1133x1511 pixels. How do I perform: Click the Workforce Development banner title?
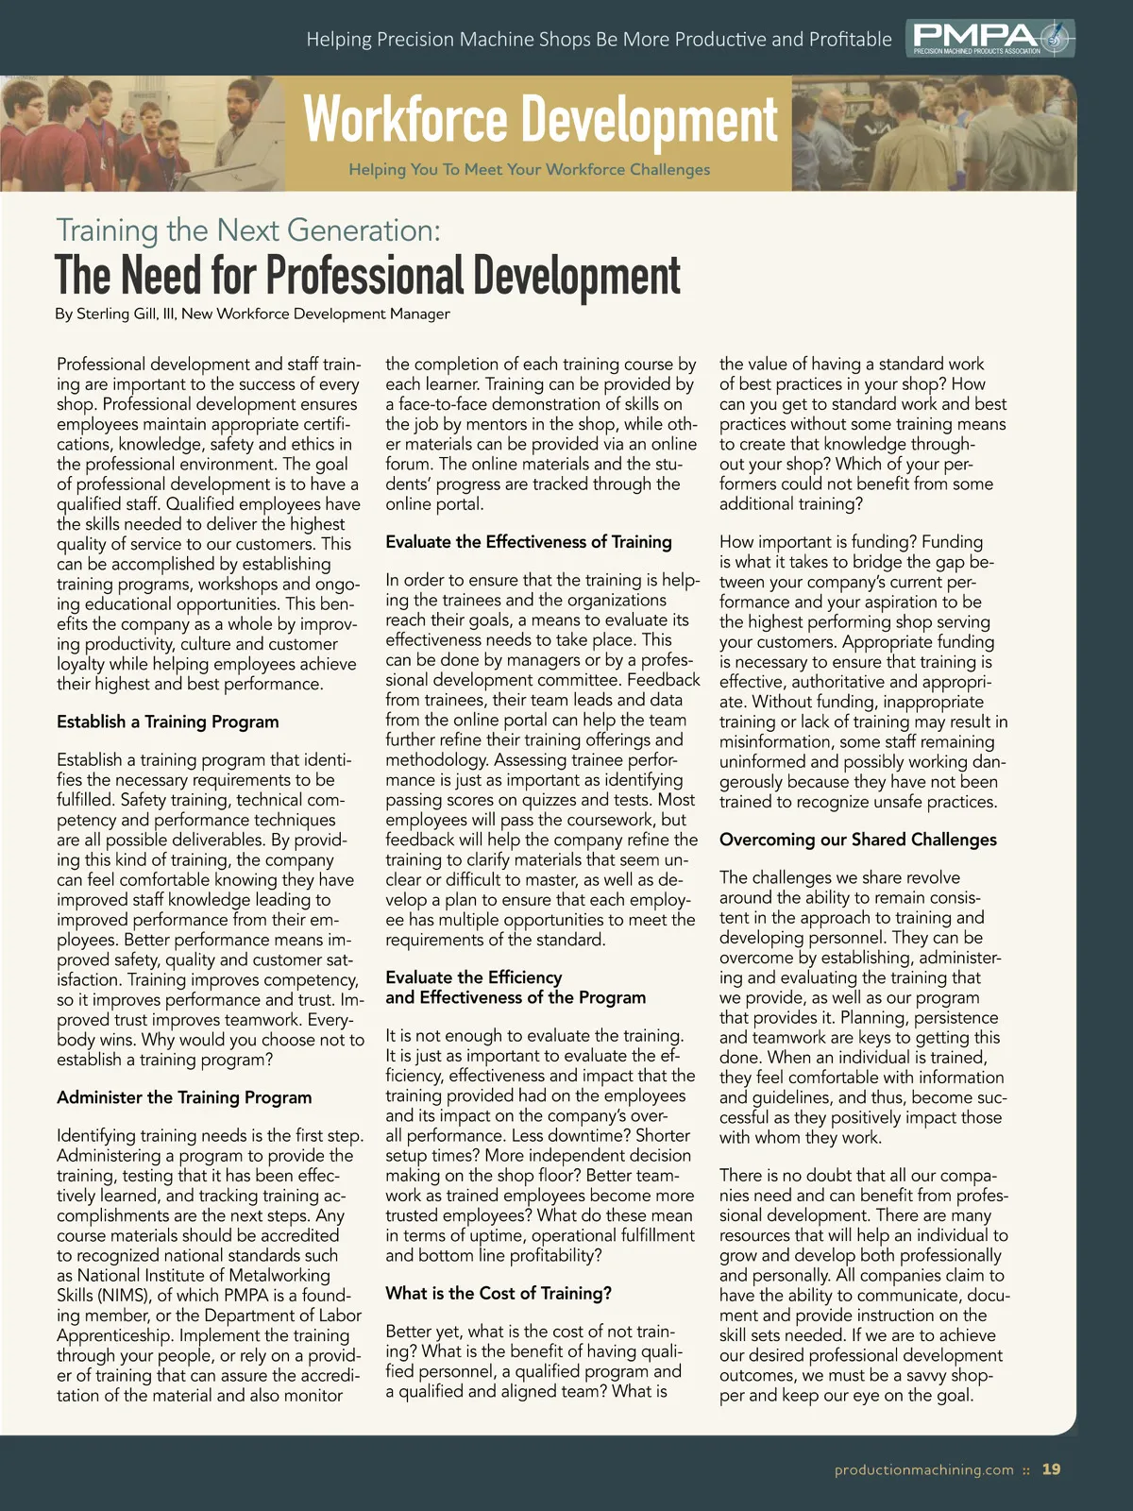click(540, 121)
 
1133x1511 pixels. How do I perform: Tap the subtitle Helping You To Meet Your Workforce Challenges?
click(529, 170)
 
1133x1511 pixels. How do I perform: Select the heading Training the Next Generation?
click(248, 229)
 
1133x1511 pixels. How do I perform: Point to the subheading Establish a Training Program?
click(167, 722)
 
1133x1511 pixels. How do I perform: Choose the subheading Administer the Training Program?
click(183, 1097)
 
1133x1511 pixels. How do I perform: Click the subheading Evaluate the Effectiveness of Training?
click(528, 542)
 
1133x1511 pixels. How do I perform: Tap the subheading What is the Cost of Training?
click(498, 1294)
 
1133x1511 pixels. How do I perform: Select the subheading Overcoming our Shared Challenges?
click(857, 840)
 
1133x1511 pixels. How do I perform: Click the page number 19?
click(1051, 1469)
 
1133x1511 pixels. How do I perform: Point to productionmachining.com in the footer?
click(923, 1469)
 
